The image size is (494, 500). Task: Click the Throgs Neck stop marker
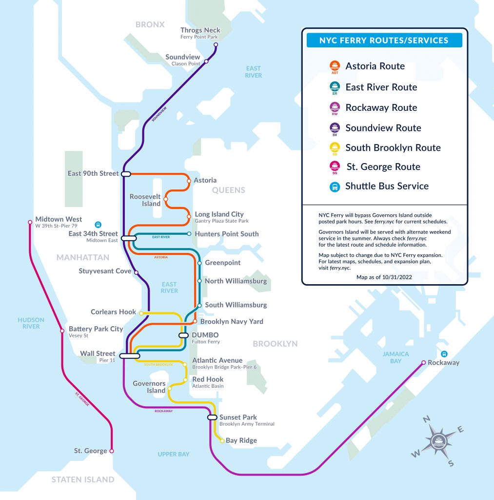coord(216,45)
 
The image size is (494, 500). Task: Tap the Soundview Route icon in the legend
coord(335,128)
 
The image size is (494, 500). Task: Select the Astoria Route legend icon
coord(335,66)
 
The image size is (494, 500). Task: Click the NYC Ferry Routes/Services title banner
coord(384,41)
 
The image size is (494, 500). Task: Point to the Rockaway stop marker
coord(423,362)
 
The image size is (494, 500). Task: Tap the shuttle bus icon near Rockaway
coord(444,354)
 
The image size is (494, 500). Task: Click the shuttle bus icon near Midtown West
coord(98,225)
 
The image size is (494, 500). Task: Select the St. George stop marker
coord(112,451)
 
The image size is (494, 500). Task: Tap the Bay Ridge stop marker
coord(222,440)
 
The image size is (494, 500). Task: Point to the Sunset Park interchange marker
coord(212,417)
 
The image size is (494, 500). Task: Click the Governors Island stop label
coord(149,387)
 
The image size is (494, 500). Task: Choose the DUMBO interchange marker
coord(183,335)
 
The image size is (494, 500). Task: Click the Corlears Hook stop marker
coord(141,312)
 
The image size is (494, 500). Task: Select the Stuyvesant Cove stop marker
coord(136,272)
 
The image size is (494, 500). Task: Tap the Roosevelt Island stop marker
coord(166,199)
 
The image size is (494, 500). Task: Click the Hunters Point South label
coord(226,234)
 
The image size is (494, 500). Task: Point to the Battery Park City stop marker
coord(62,331)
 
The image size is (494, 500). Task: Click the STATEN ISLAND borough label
coord(83,479)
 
